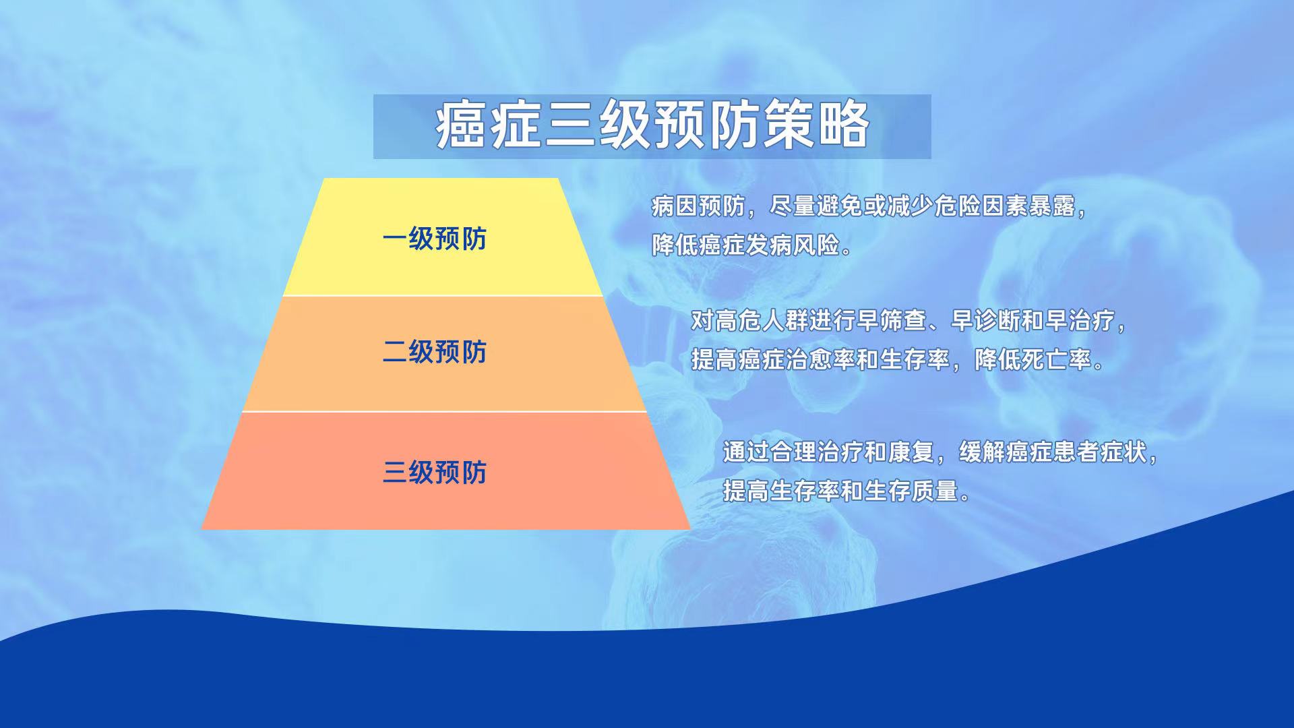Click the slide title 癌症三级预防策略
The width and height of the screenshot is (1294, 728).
pos(652,126)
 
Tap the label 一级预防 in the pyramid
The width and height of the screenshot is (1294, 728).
pos(435,239)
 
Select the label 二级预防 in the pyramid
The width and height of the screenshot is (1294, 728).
pos(435,352)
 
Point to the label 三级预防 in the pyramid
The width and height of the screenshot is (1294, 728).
pos(435,472)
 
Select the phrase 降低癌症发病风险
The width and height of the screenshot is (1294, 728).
pos(745,245)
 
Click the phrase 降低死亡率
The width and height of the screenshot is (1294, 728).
pos(1033,359)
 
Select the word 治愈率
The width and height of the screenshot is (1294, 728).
pos(821,359)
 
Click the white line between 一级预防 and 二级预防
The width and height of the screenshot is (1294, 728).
pos(442,295)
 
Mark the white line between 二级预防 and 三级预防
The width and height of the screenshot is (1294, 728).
pos(444,411)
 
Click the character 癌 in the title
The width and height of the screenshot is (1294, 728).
pos(461,126)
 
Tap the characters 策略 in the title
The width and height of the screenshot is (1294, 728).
pos(817,126)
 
